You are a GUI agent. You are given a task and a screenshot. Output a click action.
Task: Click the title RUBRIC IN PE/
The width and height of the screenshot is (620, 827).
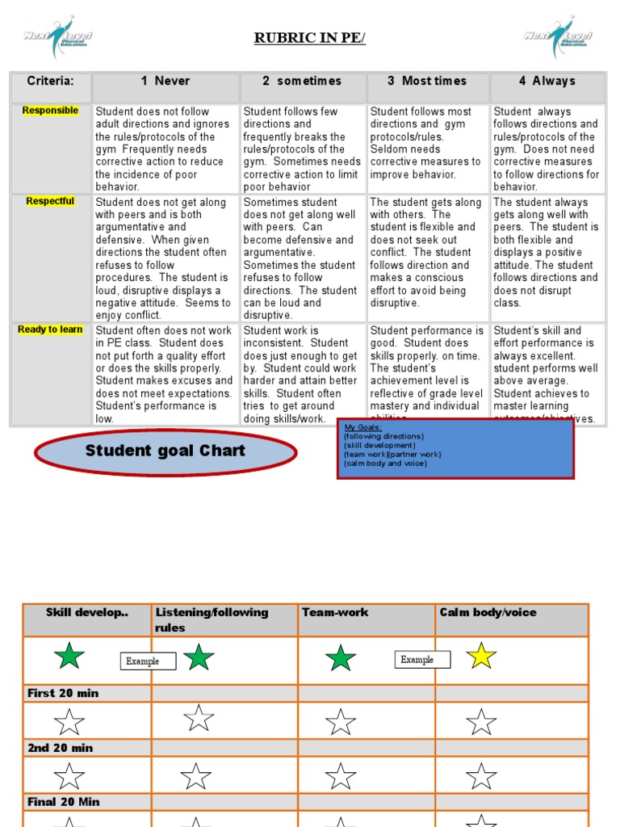click(x=310, y=39)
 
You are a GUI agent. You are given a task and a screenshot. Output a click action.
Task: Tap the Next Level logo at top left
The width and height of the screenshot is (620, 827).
click(x=57, y=36)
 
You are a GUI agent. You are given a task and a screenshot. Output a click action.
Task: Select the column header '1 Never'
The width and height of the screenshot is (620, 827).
click(x=165, y=82)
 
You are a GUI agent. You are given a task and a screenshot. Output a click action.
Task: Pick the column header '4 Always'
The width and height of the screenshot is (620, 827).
click(x=547, y=82)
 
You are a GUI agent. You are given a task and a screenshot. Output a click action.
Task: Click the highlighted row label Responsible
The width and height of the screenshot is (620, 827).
click(x=50, y=111)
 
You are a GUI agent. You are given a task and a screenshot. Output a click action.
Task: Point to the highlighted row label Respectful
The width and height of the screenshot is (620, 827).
click(x=50, y=202)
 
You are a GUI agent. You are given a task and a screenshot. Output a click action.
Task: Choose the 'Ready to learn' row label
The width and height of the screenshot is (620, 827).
click(x=50, y=330)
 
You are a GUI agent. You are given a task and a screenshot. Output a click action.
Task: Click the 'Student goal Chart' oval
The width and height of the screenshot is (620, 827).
click(x=165, y=451)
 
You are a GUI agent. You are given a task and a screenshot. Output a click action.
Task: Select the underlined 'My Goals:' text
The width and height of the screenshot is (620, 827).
click(x=363, y=427)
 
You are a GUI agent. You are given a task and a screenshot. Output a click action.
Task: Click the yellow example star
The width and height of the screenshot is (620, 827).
click(x=481, y=655)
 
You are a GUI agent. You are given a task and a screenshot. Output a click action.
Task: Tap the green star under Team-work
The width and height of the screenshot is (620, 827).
click(x=341, y=658)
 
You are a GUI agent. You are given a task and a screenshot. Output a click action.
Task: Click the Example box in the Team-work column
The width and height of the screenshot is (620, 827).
click(x=417, y=660)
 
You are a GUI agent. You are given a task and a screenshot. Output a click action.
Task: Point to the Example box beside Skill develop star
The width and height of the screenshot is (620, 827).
click(x=143, y=661)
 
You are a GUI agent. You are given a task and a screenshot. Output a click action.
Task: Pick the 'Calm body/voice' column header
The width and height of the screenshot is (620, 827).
click(x=488, y=613)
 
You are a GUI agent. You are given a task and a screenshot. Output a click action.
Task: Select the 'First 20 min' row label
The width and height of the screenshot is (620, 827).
click(x=63, y=693)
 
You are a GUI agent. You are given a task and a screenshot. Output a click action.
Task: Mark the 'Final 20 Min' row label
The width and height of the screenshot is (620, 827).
click(x=64, y=802)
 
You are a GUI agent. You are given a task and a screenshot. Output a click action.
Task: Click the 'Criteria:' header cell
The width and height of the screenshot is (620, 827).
click(x=50, y=82)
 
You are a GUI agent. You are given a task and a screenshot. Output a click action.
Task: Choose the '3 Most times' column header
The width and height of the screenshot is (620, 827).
click(x=427, y=82)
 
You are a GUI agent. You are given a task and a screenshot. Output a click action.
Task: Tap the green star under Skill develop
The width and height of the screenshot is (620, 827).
click(x=69, y=656)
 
